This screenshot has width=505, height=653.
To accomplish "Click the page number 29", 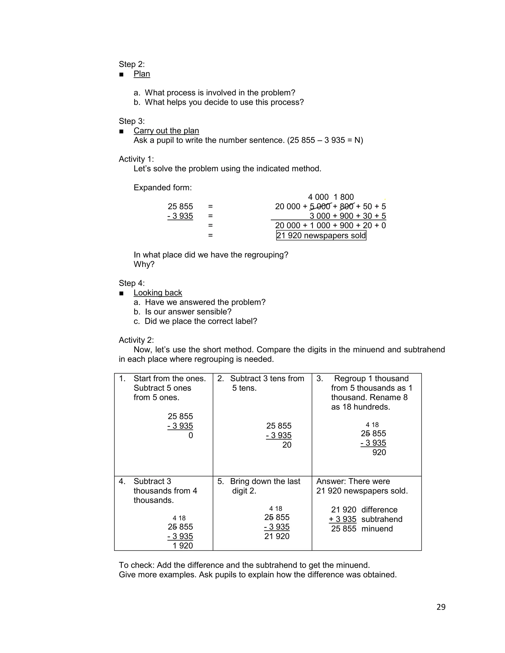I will (x=441, y=607).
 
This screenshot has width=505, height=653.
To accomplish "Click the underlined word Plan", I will (x=142, y=74).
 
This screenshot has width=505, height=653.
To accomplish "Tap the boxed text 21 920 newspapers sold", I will (x=321, y=235).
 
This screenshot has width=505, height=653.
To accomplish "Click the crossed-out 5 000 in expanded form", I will (x=320, y=206).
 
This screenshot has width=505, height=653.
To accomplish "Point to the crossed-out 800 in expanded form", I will (x=347, y=206).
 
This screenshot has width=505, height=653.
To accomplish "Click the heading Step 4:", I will (x=132, y=283).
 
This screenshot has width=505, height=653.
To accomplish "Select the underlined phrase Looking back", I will (x=158, y=293).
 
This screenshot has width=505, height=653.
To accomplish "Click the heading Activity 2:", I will (x=136, y=340).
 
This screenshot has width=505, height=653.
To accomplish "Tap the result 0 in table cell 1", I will (x=191, y=435).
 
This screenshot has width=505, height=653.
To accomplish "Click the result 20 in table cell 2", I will (x=287, y=445).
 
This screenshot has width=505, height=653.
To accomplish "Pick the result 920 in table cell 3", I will (x=379, y=452).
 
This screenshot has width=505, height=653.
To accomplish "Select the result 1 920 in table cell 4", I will (x=182, y=546).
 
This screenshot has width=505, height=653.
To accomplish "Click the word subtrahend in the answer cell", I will (x=382, y=519).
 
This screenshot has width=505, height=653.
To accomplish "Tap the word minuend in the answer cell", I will (x=377, y=529).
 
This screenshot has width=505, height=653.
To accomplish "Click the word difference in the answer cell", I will (x=379, y=510).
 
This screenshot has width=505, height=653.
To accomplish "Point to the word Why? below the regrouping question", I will (x=144, y=264).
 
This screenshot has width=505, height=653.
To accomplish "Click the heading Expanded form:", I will (x=162, y=188).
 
